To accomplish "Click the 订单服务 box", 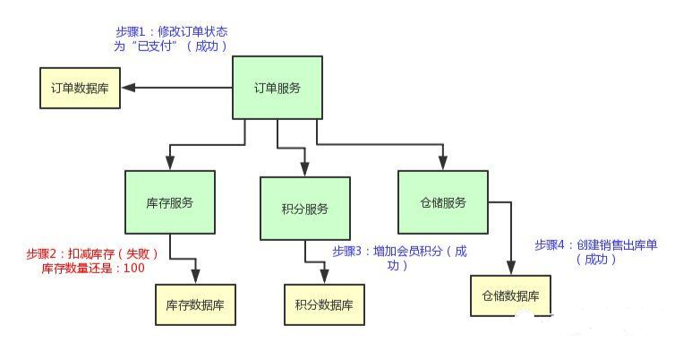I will point(277,88).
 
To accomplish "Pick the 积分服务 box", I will point(304,208).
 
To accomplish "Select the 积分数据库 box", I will point(324,305).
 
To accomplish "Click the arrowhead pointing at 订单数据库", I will point(128,88).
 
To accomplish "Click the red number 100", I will point(134,268).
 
